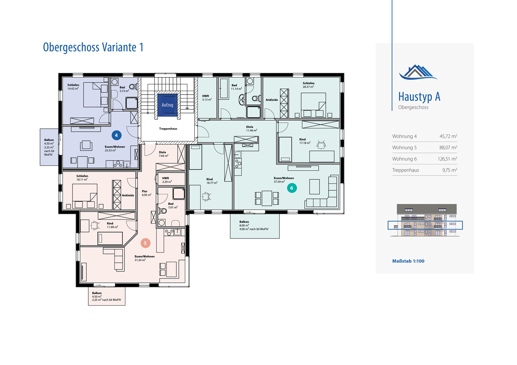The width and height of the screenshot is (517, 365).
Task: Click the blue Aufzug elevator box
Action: click(167, 105)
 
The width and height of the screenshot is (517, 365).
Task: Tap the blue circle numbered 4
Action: click(116, 135)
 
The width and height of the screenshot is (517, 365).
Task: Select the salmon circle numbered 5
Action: click(145, 243)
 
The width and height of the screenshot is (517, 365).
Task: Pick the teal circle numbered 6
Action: click(292, 188)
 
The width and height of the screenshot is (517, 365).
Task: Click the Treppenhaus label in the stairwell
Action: click(168, 129)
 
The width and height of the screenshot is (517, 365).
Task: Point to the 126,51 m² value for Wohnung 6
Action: click(447, 159)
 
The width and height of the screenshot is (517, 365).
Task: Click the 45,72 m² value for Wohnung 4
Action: click(448, 136)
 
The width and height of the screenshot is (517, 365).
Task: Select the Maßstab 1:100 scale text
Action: click(408, 261)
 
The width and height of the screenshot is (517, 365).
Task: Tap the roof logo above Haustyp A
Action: click(418, 72)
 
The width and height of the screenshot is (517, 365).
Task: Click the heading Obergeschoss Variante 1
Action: click(93, 47)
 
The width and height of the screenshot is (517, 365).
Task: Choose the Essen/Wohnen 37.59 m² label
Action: click(284, 180)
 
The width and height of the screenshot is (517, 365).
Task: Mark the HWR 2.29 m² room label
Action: click(167, 180)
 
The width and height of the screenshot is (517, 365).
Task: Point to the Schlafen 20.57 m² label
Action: click(308, 85)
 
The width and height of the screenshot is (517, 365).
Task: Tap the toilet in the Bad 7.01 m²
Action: click(163, 211)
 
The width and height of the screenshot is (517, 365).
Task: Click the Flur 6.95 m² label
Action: click(146, 193)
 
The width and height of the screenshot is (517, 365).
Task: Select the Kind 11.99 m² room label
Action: click(112, 225)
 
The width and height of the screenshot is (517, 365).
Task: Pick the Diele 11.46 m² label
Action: click(251, 129)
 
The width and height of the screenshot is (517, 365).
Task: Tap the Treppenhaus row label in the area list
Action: click(406, 170)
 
